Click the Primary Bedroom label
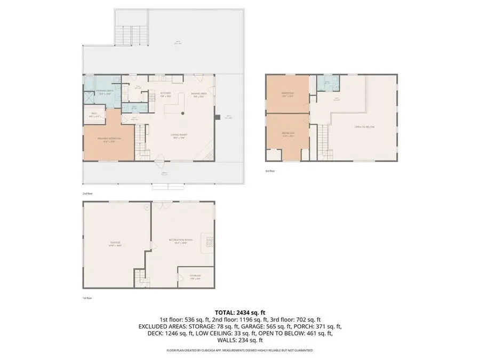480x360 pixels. point(108,140)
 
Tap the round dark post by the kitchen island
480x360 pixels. point(182,113)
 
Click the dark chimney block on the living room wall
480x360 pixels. point(217,117)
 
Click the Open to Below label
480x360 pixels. point(365,127)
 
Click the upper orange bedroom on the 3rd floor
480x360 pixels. point(287,94)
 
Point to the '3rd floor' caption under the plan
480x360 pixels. point(270,171)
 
